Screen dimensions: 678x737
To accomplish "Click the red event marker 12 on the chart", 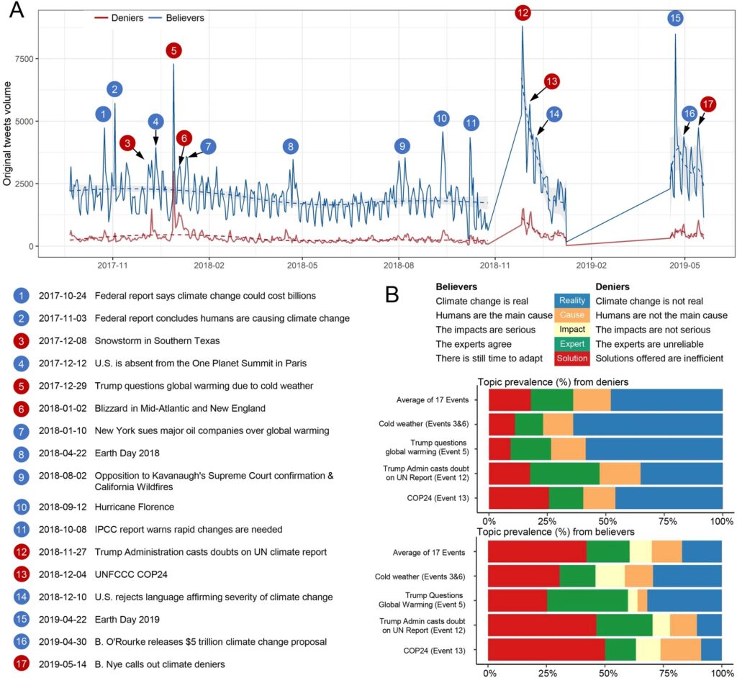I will tap(523, 12).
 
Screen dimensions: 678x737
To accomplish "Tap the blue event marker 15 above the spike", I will tap(675, 19).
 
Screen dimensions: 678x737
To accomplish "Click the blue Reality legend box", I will tap(572, 301).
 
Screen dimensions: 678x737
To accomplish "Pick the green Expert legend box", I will tap(572, 344).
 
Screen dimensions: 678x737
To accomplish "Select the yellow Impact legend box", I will tap(572, 330).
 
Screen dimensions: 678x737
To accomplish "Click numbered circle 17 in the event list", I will tap(22, 664).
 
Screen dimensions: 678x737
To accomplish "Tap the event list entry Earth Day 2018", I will tap(125, 453).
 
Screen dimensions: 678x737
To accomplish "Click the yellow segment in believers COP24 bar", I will tap(648, 651).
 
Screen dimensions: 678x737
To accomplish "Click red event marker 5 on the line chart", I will tap(173, 50).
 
